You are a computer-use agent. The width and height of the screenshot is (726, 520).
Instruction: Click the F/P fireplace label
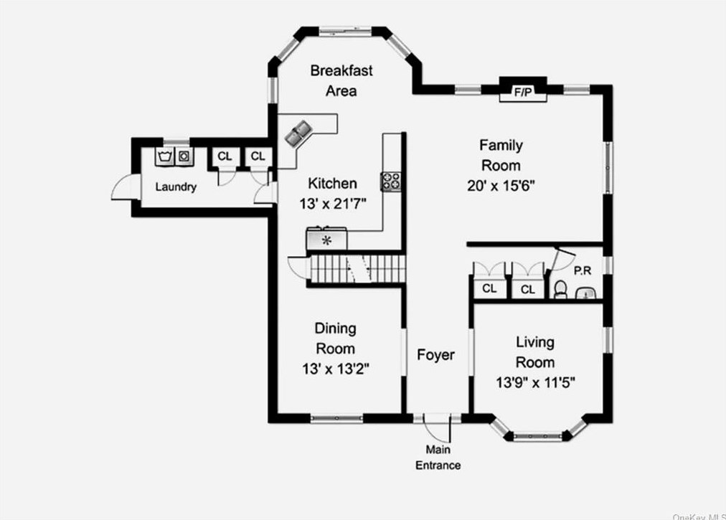(x=522, y=93)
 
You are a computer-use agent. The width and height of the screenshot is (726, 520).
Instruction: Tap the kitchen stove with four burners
(x=391, y=181)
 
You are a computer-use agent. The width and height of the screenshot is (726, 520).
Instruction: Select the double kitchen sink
(x=298, y=132)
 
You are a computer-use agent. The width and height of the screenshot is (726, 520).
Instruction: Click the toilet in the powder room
(x=561, y=289)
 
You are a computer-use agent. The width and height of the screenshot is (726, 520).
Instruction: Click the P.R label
(x=582, y=271)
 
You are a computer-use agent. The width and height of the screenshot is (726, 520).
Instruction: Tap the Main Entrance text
(x=438, y=458)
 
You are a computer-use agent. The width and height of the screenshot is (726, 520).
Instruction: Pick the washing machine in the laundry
(x=166, y=155)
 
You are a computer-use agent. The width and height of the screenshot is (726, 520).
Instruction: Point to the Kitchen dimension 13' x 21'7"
(x=333, y=203)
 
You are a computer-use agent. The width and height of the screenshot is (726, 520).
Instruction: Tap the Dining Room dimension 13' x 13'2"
(x=335, y=369)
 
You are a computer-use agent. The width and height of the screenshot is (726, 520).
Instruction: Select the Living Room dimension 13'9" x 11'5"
(x=535, y=382)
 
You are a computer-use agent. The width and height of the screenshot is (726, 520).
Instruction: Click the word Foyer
(x=435, y=355)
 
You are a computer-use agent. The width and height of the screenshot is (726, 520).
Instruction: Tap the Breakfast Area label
(x=341, y=80)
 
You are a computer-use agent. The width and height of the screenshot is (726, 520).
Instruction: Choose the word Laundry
(x=176, y=187)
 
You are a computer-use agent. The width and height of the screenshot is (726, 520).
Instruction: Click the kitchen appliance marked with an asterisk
(x=326, y=239)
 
